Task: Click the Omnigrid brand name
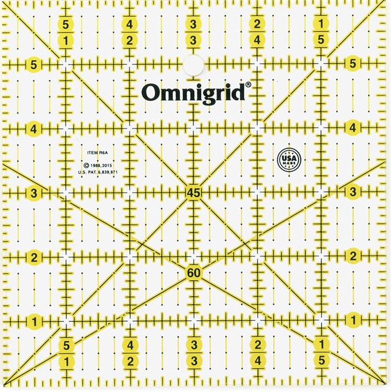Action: coord(194,93)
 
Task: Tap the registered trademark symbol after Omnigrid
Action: coord(248,84)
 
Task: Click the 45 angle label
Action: coord(193,193)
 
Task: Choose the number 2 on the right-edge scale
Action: coord(353,256)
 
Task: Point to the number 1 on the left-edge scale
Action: coord(34,320)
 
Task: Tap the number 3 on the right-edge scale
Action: coord(353,192)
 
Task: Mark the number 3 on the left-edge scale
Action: coord(34,193)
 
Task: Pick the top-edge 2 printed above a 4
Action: coord(257,24)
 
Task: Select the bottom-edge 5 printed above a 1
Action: coord(66,345)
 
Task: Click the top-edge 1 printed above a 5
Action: coord(321,24)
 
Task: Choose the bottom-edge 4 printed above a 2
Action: coord(130,345)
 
